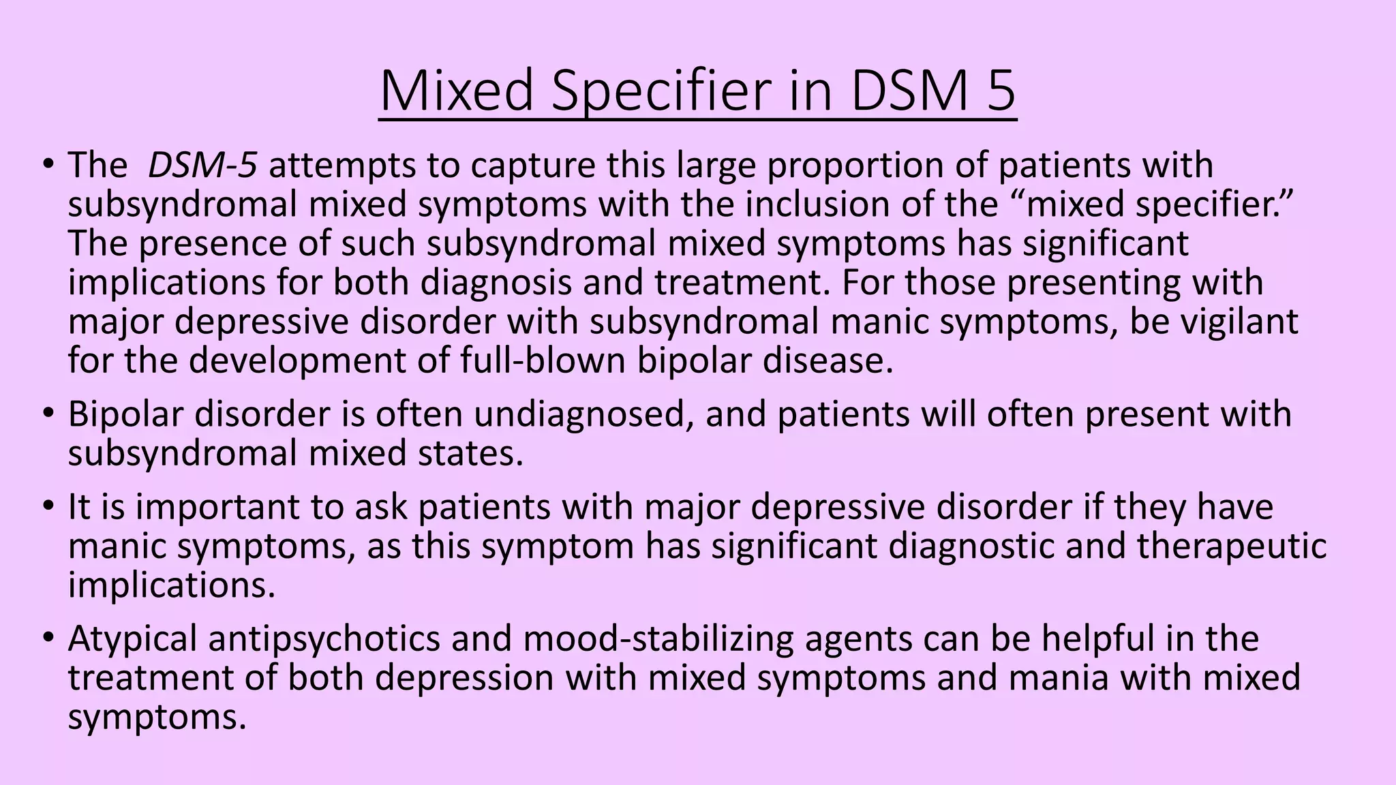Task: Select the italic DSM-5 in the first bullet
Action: click(202, 166)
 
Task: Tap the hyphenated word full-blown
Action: click(543, 360)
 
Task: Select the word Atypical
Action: click(132, 639)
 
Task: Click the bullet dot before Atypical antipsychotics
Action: click(48, 639)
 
